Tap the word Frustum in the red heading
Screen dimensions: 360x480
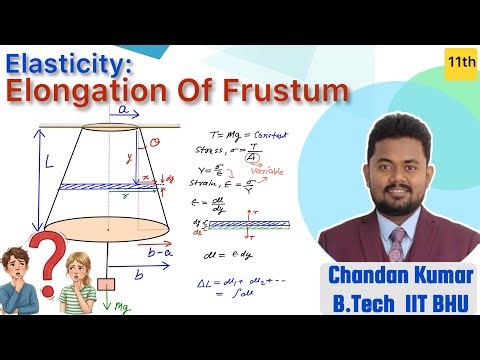[289, 92]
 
